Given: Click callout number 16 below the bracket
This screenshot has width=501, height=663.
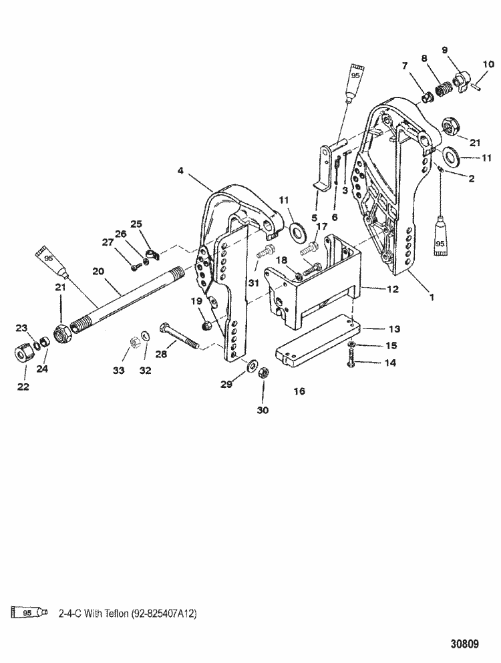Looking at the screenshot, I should (x=300, y=391).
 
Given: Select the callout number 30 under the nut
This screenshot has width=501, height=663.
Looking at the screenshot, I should (x=263, y=411).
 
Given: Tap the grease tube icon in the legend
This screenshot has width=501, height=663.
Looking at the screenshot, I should (x=31, y=611).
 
